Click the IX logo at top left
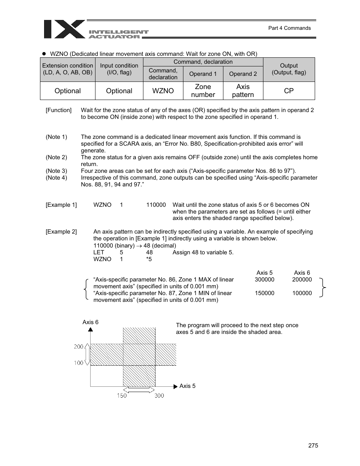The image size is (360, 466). coord(64,29)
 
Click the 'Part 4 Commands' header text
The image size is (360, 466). coord(289,28)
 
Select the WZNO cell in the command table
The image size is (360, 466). coord(163,91)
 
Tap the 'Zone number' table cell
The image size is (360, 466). coord(203,91)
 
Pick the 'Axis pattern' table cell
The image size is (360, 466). coord(243,91)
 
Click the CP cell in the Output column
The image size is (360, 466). coord(289,91)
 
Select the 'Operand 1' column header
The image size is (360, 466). coord(203,74)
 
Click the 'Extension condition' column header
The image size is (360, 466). coord(68,69)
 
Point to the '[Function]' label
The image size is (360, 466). coord(58,110)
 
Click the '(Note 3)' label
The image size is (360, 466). coord(57,171)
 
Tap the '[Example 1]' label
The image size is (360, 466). coord(61,205)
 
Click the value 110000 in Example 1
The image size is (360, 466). coord(156,205)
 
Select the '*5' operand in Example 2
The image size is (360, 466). coord(149,259)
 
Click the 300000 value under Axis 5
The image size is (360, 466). coord(264,280)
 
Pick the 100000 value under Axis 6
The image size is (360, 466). coord(302,293)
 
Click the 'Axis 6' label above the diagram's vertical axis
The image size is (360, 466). coord(91,322)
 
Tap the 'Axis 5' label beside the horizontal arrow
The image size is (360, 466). coord(187,386)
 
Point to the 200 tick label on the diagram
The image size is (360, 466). coord(78,346)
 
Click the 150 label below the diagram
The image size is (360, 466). coord(122,395)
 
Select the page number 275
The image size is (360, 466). coord(313,446)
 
